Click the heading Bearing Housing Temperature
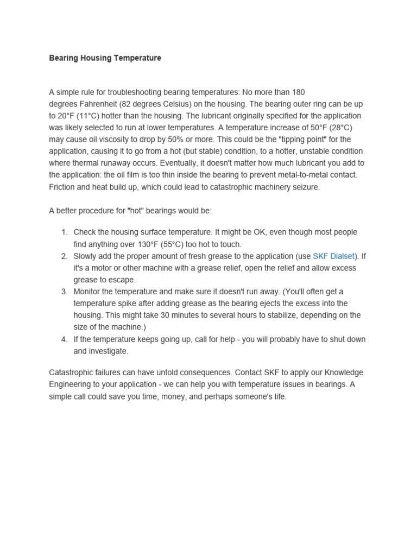pyautogui.click(x=105, y=58)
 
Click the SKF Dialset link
pyautogui.click(x=333, y=256)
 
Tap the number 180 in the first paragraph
pyautogui.click(x=298, y=92)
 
